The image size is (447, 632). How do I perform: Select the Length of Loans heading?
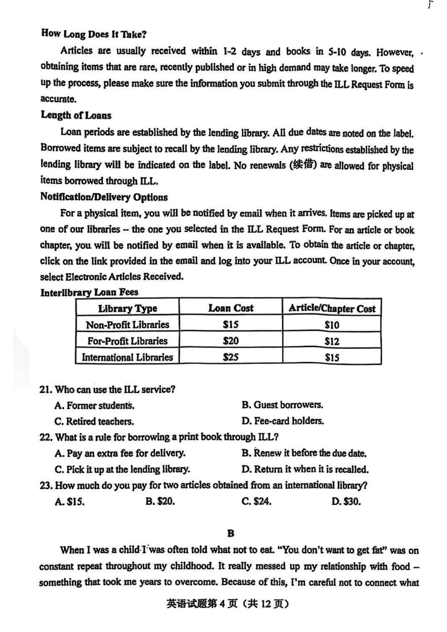point(76,115)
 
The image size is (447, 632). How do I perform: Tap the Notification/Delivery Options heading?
point(104,197)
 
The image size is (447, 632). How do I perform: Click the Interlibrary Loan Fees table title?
point(89,292)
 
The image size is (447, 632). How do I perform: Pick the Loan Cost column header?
point(231,308)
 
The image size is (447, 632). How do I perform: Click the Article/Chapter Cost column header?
point(332,308)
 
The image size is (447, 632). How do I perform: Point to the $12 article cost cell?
point(332,341)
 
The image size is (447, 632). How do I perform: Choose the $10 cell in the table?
point(332,325)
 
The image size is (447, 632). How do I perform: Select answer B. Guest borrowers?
point(282,405)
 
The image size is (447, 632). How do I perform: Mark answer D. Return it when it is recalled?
point(305,469)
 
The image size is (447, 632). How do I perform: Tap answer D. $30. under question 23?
point(346,501)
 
